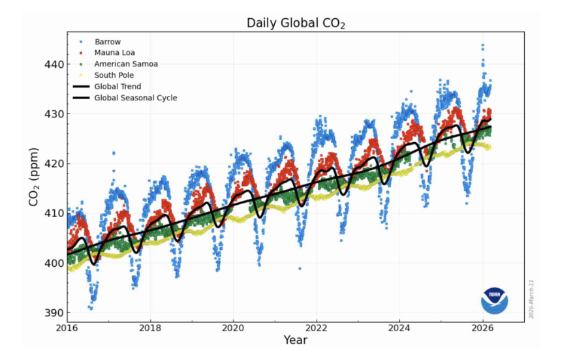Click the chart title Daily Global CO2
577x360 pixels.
296,23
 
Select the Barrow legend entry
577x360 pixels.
108,42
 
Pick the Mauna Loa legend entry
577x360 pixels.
114,53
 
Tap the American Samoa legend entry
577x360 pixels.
125,64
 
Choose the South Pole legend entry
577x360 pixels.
114,75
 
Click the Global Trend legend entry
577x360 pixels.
117,86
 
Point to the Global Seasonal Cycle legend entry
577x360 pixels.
135,98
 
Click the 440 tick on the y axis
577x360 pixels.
54,65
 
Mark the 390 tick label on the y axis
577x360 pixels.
54,312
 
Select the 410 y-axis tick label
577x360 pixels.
54,213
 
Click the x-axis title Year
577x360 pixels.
295,340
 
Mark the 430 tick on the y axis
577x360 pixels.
54,114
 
